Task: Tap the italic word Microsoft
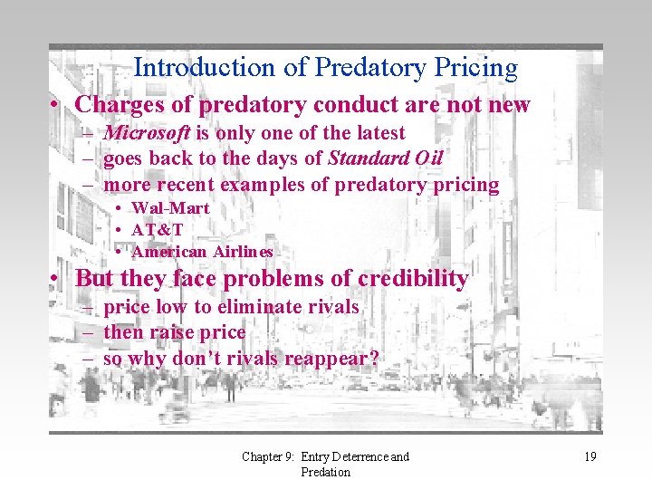(x=147, y=133)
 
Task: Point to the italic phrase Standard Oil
(x=385, y=159)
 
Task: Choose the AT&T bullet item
(x=158, y=230)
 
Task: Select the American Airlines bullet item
(x=202, y=252)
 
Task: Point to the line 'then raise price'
(x=175, y=332)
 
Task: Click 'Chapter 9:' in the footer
(x=268, y=457)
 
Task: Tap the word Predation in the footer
(x=325, y=472)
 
